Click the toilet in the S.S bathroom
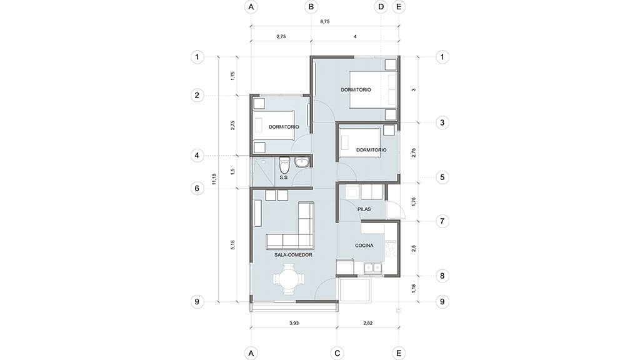[x=284, y=165]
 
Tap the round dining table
[x=289, y=279]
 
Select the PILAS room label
[x=364, y=209]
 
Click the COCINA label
[x=364, y=245]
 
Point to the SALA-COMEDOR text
[x=294, y=255]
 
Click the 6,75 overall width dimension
[x=325, y=22]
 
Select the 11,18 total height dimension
[x=214, y=179]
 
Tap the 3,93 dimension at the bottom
[x=294, y=323]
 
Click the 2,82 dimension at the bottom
[x=367, y=323]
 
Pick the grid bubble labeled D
[x=381, y=7]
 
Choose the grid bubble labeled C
[x=337, y=353]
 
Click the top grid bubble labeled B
[x=311, y=7]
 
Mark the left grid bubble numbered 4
[x=197, y=156]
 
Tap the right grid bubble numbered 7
[x=442, y=221]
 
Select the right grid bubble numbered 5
[x=442, y=177]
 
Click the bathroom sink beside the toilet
[x=302, y=162]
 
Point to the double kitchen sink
[x=372, y=267]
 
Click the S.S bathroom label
[x=284, y=177]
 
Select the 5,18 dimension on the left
[x=232, y=245]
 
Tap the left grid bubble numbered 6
[x=197, y=188]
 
